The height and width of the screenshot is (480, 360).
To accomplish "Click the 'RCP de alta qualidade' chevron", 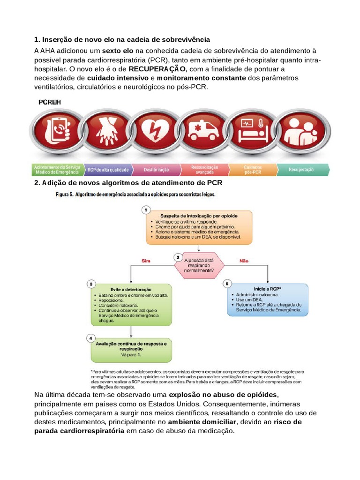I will tap(106, 169).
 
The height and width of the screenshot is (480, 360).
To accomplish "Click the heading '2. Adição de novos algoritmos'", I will tap(128, 182).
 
